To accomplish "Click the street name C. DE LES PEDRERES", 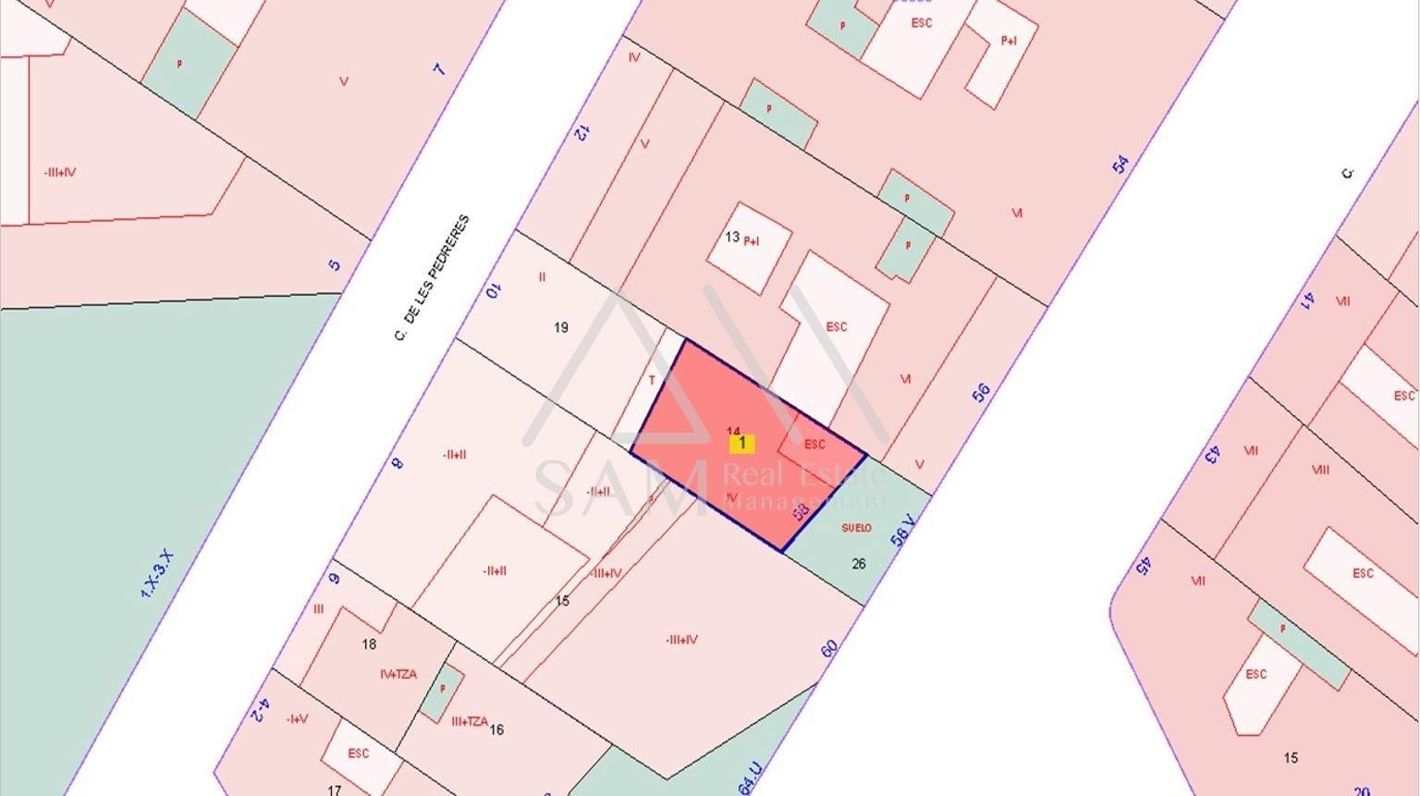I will click(x=432, y=278).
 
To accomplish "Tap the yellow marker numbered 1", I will click(x=741, y=444).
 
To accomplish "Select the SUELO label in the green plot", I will click(x=856, y=528).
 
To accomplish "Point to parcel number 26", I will click(x=859, y=563).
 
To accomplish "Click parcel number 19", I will click(x=560, y=327).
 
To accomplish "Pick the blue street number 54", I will click(x=1120, y=165).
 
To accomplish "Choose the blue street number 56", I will click(x=981, y=392).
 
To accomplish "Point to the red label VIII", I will click(x=1320, y=470).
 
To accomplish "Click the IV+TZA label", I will click(x=398, y=674).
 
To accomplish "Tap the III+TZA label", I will click(x=469, y=722).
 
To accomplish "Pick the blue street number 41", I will click(x=1309, y=300).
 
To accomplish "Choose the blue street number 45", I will click(x=1144, y=565).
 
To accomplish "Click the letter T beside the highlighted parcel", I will click(x=652, y=380).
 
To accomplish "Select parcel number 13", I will click(x=731, y=238).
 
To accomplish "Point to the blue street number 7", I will click(x=439, y=69).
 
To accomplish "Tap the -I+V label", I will click(x=297, y=719).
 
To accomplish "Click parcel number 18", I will click(x=369, y=644).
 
